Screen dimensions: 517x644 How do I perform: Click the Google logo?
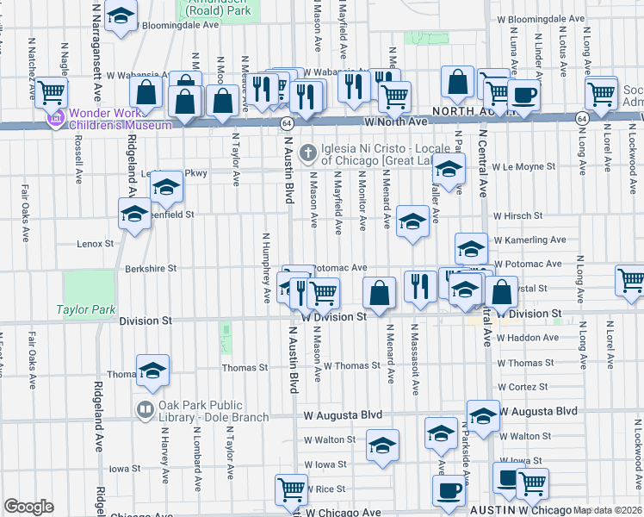tap(28, 507)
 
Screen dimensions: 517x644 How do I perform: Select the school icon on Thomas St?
tap(152, 369)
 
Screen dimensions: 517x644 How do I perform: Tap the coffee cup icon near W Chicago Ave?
tap(447, 490)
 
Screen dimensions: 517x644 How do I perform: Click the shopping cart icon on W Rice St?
tap(291, 489)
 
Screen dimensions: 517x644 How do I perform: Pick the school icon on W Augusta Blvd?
tap(483, 414)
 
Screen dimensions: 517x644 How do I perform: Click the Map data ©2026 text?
tap(608, 510)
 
